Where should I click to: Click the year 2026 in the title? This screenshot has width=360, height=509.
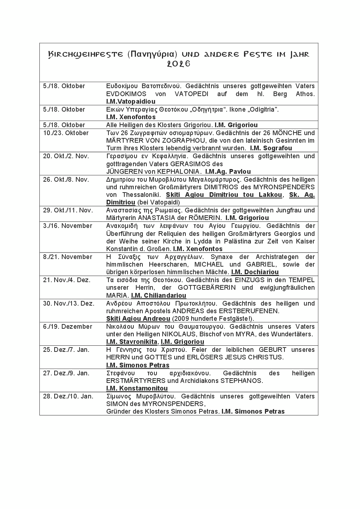(179, 64)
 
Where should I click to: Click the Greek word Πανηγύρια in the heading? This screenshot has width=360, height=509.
(153, 55)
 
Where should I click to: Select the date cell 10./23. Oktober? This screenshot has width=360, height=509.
(66, 133)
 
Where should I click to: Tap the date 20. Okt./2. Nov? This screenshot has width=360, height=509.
(66, 156)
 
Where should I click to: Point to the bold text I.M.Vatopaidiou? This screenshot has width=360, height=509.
(131, 102)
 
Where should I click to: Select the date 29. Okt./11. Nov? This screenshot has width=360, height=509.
(68, 210)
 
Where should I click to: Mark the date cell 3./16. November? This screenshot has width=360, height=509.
(68, 226)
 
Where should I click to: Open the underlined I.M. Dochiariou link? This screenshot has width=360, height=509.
(255, 272)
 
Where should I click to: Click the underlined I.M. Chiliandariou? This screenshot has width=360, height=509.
(159, 296)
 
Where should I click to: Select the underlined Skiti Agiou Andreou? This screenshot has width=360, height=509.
(138, 319)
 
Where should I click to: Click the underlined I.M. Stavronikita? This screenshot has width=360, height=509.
(132, 342)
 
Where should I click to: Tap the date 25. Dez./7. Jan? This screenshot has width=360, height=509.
(66, 350)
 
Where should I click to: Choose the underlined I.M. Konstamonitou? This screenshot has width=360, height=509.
(137, 388)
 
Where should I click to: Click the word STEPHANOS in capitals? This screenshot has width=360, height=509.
(241, 381)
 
